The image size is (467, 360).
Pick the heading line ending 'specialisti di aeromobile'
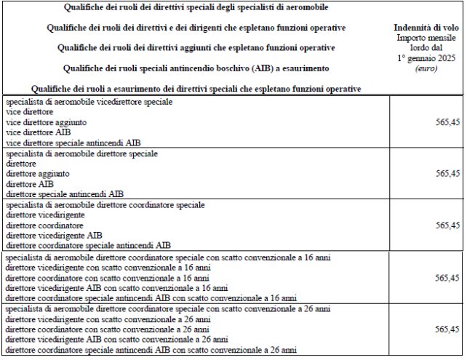coord(185,7)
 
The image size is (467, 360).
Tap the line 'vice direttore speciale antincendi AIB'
coord(73,143)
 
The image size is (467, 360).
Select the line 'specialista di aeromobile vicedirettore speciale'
coord(89,103)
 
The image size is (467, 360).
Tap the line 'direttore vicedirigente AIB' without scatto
coord(55,236)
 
